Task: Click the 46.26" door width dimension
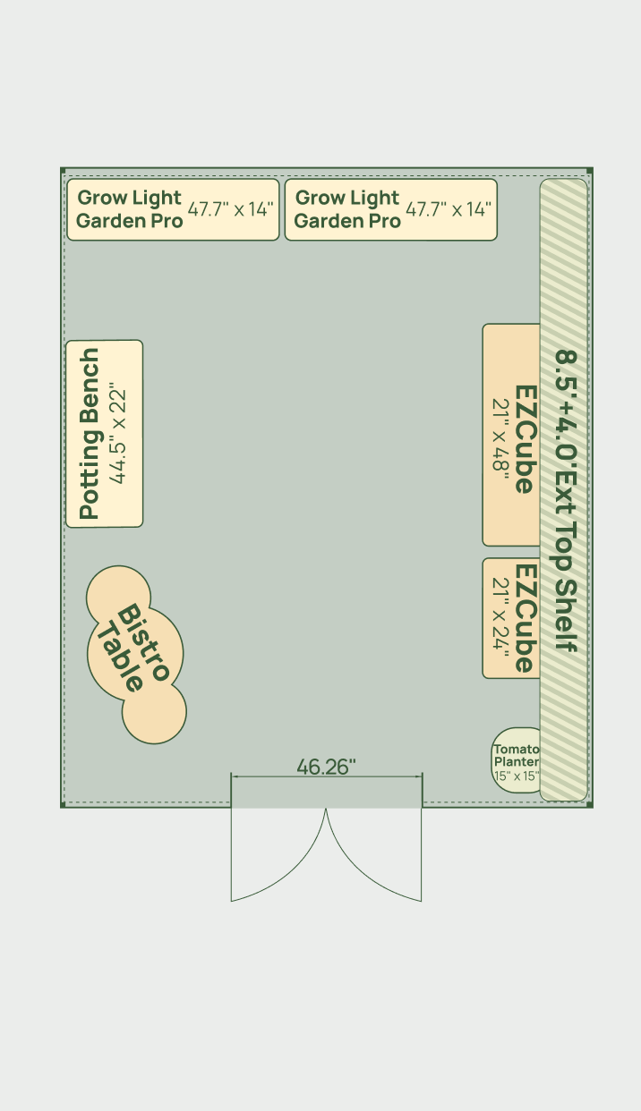(326, 767)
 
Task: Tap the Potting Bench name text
(90, 434)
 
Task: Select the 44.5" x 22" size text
(117, 433)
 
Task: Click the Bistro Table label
(134, 649)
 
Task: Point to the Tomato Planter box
(517, 760)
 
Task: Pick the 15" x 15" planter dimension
(517, 776)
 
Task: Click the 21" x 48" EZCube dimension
(500, 434)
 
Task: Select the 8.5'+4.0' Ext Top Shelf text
(566, 501)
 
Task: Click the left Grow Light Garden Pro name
(129, 208)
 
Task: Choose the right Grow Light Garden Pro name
(347, 208)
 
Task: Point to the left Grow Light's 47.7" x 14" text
(230, 209)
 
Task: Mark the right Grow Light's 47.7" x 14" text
(449, 209)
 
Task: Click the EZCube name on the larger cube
(526, 439)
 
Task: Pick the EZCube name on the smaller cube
(526, 617)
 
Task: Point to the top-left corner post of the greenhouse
(63, 171)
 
